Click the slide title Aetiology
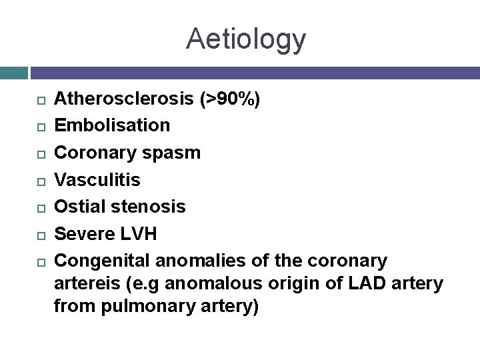[x=246, y=39]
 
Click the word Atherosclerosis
[x=125, y=100]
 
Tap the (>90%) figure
[x=231, y=100]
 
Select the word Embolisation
[x=112, y=125]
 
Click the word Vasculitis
[x=97, y=179]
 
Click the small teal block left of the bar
[x=13, y=73]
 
